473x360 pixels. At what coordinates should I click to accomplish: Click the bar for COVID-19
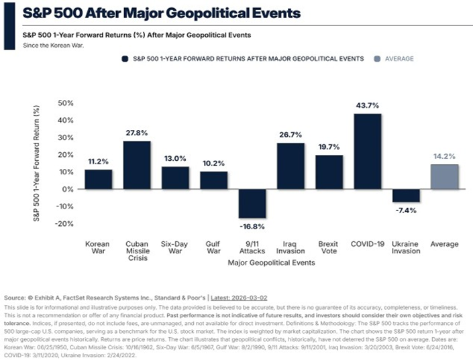(x=368, y=151)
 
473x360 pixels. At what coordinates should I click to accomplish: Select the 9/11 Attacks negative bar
(x=252, y=204)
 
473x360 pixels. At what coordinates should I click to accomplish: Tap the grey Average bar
(x=445, y=176)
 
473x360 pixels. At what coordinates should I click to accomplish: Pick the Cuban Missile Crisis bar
(x=137, y=165)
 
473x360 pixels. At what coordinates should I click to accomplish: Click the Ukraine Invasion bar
(x=407, y=195)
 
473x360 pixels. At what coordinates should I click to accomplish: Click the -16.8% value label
(x=252, y=227)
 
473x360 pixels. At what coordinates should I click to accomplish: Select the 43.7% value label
(x=368, y=106)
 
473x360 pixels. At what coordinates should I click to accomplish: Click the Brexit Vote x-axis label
(x=329, y=247)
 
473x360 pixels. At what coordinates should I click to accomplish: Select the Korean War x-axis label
(x=99, y=247)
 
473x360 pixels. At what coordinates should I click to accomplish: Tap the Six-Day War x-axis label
(x=175, y=247)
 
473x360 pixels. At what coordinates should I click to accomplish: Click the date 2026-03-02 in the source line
(x=252, y=296)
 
